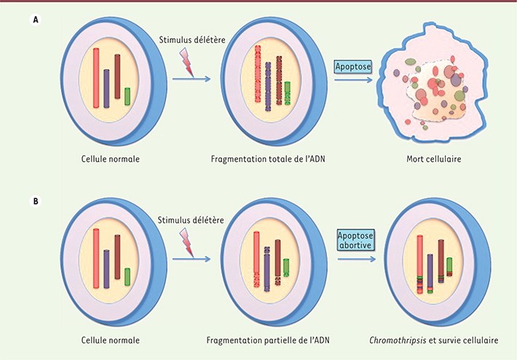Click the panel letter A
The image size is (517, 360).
(x=35, y=20)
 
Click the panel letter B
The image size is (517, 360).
(x=35, y=201)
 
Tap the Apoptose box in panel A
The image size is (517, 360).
(x=353, y=66)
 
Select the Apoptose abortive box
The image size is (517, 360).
(x=356, y=240)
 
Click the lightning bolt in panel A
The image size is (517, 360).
(x=187, y=62)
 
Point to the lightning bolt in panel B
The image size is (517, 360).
(x=186, y=243)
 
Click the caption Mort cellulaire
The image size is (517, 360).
(x=433, y=159)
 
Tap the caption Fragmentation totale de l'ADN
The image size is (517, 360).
(x=268, y=159)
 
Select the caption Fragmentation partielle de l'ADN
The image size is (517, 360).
(x=268, y=340)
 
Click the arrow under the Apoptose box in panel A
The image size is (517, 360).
(x=353, y=79)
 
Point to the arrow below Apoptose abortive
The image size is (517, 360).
(x=356, y=259)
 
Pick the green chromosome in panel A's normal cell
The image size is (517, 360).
(x=127, y=96)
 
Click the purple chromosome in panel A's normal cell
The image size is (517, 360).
(x=106, y=88)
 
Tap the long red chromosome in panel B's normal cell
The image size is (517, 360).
(x=96, y=259)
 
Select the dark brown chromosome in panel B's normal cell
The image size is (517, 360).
(x=117, y=257)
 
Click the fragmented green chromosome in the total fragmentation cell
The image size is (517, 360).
(x=288, y=93)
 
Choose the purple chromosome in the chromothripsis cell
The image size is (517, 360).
(x=430, y=273)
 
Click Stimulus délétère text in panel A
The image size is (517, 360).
(x=192, y=40)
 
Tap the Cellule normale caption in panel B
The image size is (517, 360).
(x=111, y=340)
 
